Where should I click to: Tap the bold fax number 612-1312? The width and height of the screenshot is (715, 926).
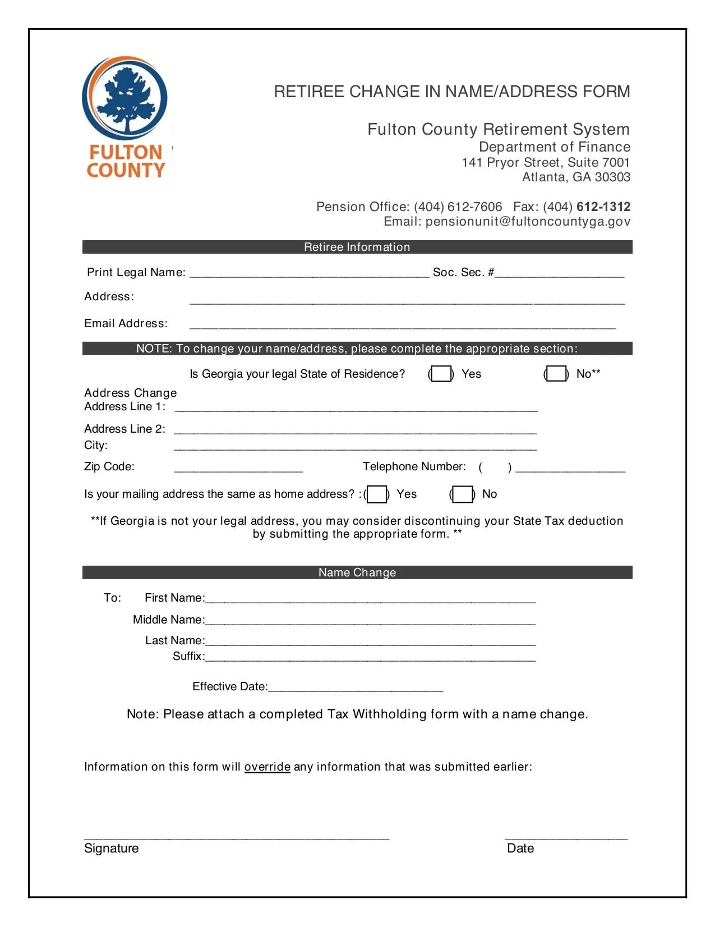(x=603, y=207)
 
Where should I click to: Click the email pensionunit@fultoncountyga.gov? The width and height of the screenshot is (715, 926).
(x=527, y=222)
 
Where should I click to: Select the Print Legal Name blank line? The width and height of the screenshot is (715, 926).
(x=310, y=273)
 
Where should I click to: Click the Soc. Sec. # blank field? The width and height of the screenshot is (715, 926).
(x=559, y=273)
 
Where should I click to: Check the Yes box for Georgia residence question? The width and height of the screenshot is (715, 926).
(x=441, y=374)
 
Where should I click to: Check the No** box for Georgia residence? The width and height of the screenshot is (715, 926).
(x=556, y=374)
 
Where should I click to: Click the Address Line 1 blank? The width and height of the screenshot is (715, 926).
(x=356, y=407)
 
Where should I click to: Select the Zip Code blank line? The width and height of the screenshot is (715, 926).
(x=238, y=467)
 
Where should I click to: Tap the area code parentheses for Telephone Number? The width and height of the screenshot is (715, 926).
(x=495, y=467)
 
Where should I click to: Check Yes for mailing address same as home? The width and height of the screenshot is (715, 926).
(x=377, y=494)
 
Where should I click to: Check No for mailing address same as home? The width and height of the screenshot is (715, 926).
(x=462, y=494)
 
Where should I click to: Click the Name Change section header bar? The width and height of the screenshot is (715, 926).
(x=357, y=572)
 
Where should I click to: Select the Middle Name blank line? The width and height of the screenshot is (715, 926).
(x=370, y=620)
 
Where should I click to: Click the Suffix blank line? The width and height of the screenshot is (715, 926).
(x=370, y=657)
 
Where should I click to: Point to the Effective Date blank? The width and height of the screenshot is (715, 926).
(x=356, y=687)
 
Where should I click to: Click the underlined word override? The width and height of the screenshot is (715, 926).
(x=267, y=767)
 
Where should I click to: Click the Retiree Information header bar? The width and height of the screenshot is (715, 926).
(x=357, y=247)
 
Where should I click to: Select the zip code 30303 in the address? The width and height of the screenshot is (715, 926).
(x=612, y=177)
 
